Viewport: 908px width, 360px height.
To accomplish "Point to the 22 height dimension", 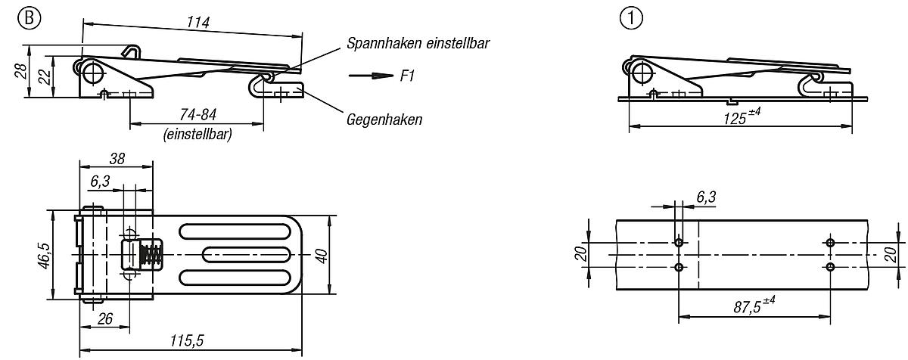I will point(45,76).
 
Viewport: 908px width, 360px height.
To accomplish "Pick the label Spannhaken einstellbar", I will point(418,43).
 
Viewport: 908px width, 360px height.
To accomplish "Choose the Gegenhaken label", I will point(384,119).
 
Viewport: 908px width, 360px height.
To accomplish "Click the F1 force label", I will point(406,76).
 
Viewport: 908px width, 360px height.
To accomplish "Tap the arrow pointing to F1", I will point(367,76).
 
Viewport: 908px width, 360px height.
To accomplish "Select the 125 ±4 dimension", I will point(739,118).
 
